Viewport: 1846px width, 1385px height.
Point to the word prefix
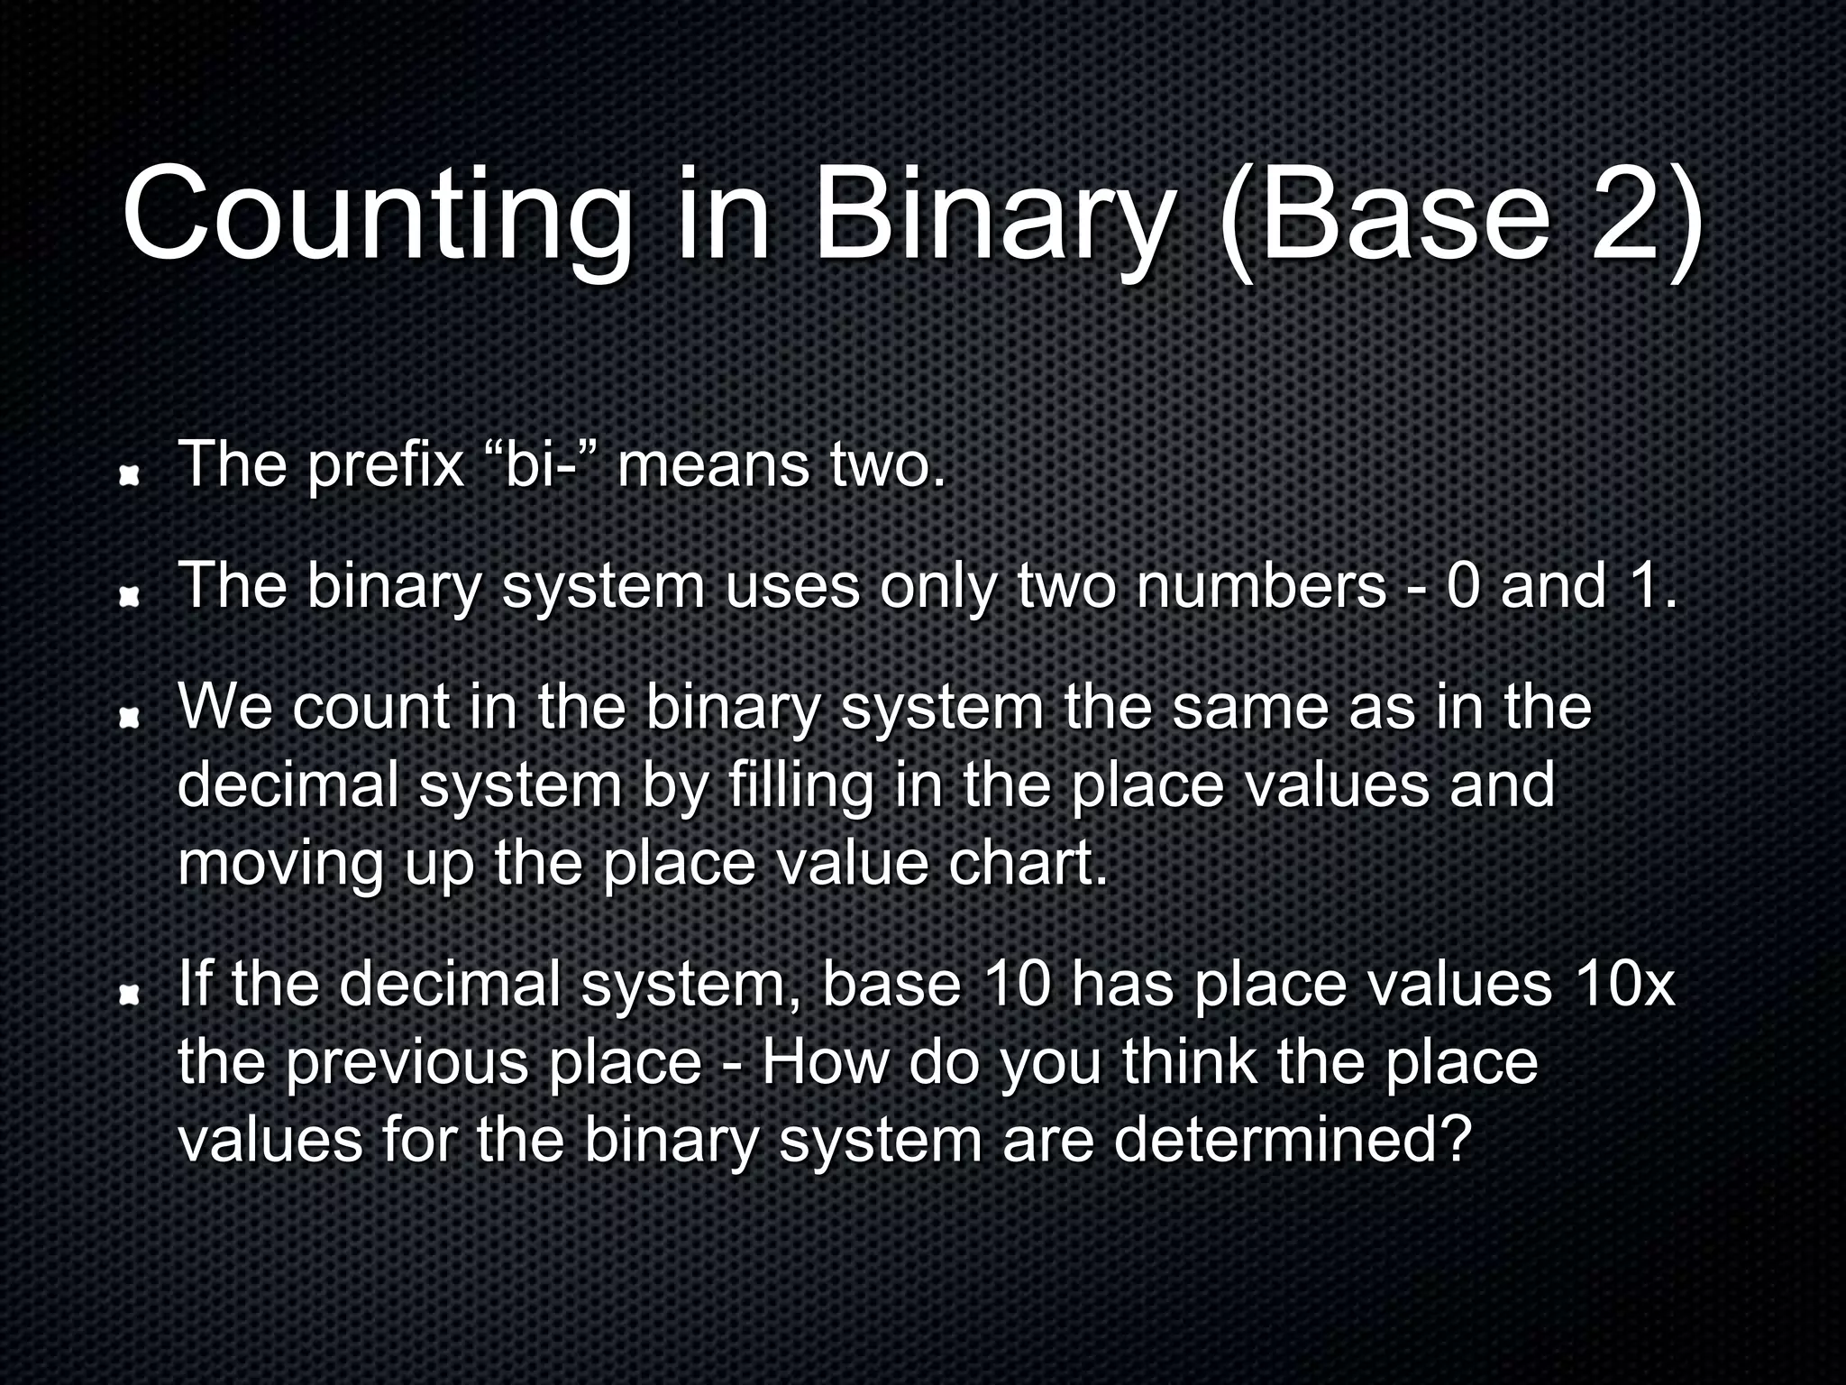(385, 465)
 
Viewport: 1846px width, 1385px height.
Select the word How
(825, 1062)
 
